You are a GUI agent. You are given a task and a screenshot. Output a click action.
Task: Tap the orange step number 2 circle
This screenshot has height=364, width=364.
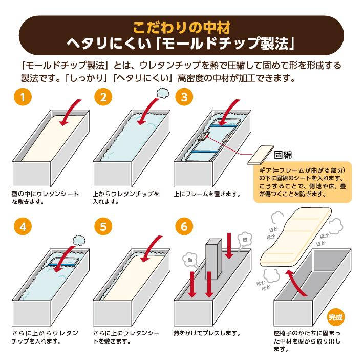point(103,97)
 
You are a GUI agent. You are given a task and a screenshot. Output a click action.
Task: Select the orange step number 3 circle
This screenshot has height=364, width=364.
point(184,97)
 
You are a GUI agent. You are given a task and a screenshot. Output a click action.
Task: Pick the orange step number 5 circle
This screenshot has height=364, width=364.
point(103,227)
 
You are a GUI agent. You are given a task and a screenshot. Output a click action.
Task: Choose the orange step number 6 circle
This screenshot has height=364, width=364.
point(184,227)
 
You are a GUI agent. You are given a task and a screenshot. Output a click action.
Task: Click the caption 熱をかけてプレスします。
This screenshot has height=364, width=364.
point(207,333)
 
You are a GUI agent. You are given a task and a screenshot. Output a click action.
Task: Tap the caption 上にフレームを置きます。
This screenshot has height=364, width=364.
point(207,194)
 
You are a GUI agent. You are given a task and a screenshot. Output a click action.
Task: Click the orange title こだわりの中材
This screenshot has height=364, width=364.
point(181,27)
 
